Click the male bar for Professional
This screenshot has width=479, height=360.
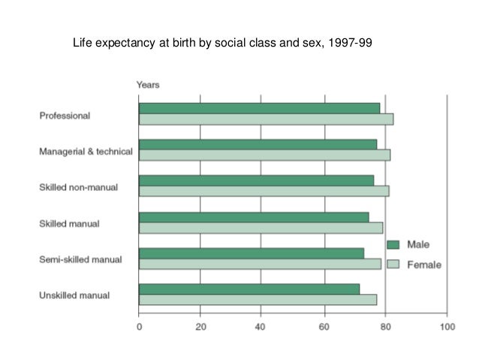259,108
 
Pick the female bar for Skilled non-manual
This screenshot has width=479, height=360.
264,191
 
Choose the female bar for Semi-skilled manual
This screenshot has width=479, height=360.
260,264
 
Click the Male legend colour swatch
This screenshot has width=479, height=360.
393,245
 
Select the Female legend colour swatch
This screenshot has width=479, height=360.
393,265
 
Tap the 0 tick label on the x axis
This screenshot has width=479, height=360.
140,327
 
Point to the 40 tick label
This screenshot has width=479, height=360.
262,327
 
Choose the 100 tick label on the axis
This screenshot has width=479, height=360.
447,327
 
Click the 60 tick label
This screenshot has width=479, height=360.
324,327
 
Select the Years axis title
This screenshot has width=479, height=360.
147,85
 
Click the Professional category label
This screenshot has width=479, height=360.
65,116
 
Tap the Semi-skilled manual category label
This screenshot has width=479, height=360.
80,260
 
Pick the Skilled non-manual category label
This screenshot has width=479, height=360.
78,187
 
